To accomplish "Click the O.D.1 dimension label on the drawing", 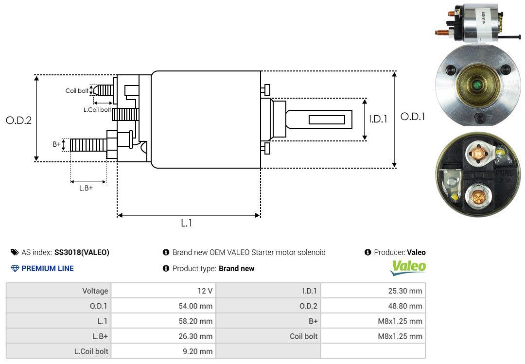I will coord(413,117).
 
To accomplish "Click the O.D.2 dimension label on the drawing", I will coord(18,121).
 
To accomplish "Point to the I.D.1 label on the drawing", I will coord(378,119).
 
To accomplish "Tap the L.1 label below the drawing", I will coord(187,223).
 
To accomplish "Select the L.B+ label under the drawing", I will coord(86,188).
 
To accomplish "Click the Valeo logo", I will coord(408,267).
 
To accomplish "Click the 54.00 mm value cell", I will coord(195,306).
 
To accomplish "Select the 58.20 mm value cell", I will coord(195,321).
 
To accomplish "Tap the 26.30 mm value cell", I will coord(195,336).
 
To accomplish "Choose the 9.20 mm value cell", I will coord(198,351).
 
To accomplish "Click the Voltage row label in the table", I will coord(95,291).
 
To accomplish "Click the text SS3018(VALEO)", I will coord(82,252).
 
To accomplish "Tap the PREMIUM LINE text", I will coord(48,268).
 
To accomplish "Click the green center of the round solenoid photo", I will coord(477,87).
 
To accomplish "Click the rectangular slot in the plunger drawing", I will coord(327,120).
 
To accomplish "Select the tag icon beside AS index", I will coord(15,252).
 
